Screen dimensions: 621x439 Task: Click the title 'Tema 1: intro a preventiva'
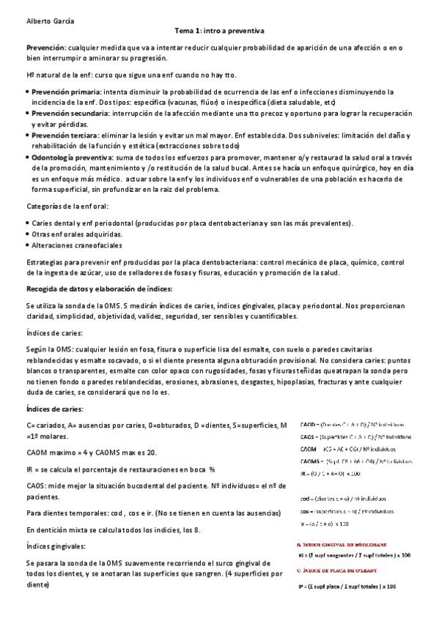click(219, 31)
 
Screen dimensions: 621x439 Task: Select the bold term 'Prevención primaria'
click(67, 92)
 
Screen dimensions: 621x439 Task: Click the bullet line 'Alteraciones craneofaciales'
click(77, 245)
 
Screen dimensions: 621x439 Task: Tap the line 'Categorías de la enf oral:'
click(67, 207)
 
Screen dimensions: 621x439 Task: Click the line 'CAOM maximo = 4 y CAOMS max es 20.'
click(91, 452)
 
